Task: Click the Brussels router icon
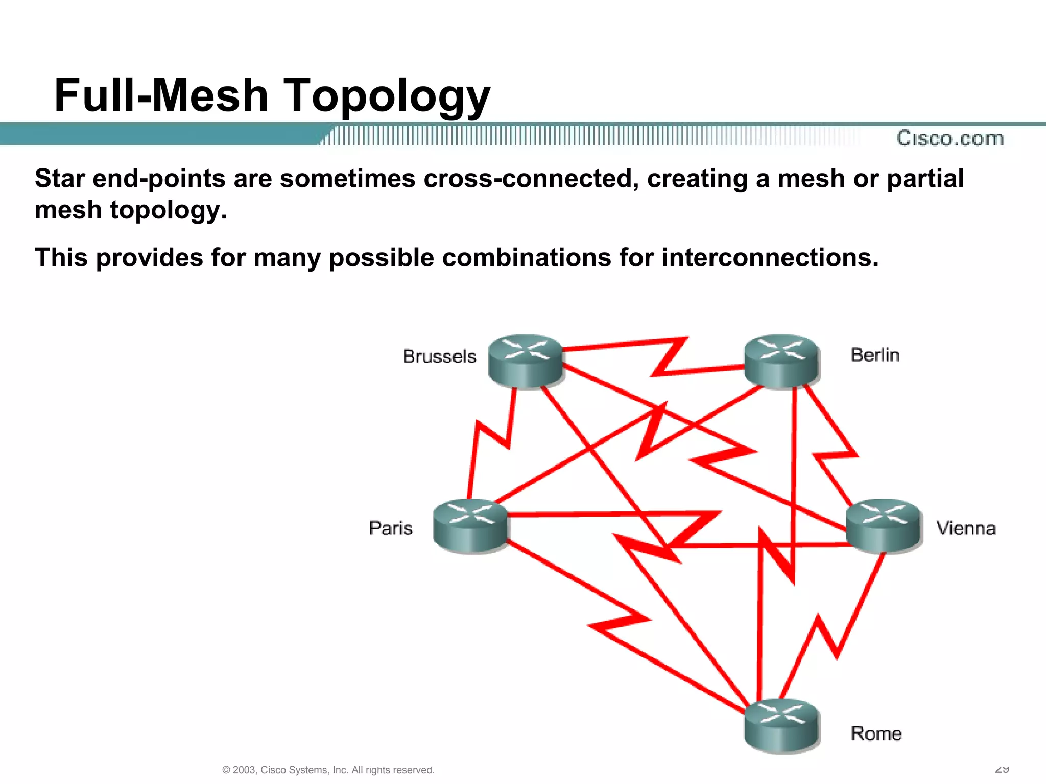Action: point(526,361)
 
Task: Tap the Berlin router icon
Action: point(781,361)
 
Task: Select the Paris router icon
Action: point(470,526)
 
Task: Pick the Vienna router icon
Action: point(884,526)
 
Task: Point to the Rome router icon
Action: point(781,725)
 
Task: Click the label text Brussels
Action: point(439,356)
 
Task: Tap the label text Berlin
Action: point(875,355)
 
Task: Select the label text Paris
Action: point(391,528)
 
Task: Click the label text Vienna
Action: point(966,528)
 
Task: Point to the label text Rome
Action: point(876,733)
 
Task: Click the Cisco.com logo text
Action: point(950,138)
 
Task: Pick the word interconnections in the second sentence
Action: point(770,257)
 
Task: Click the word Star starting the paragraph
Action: point(60,179)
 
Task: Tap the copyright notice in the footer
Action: point(328,770)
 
